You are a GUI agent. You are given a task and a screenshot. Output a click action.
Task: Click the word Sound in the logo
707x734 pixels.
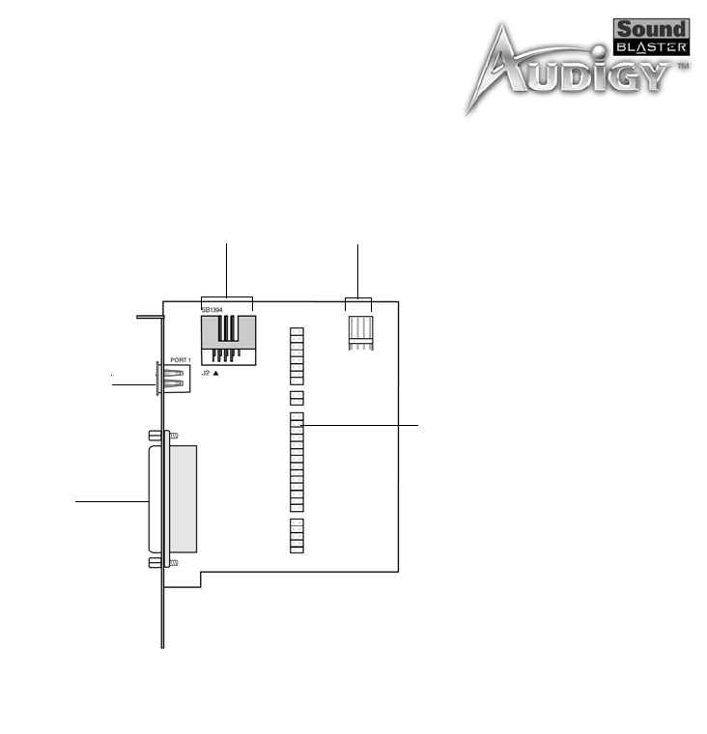tap(651, 30)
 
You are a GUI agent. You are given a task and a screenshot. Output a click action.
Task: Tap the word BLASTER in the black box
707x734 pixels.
tap(651, 47)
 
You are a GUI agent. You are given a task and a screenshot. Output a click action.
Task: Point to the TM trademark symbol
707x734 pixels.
tap(683, 66)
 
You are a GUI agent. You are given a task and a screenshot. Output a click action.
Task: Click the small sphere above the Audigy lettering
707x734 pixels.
tap(599, 51)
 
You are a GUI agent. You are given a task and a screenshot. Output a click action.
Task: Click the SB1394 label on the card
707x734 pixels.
tap(212, 310)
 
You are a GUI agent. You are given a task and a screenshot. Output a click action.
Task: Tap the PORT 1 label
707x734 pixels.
tap(181, 360)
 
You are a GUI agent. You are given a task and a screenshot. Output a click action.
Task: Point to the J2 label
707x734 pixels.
tap(206, 373)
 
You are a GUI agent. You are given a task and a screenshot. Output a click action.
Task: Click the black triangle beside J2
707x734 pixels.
tap(215, 373)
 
